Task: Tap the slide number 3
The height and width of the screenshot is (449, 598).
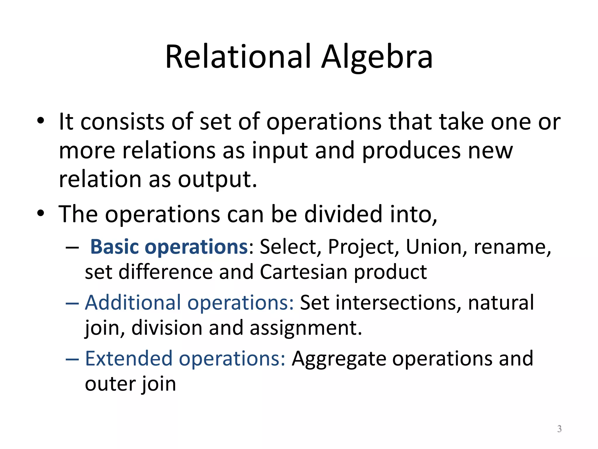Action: [x=559, y=429]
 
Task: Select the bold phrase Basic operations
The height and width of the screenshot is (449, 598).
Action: [x=169, y=247]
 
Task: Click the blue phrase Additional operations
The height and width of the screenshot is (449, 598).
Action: [x=189, y=303]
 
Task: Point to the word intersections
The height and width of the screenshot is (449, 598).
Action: [x=398, y=303]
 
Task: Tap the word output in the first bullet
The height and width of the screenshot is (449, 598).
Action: [x=217, y=179]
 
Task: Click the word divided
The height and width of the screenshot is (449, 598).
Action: [x=343, y=214]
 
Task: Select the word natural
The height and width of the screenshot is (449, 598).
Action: [x=501, y=303]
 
